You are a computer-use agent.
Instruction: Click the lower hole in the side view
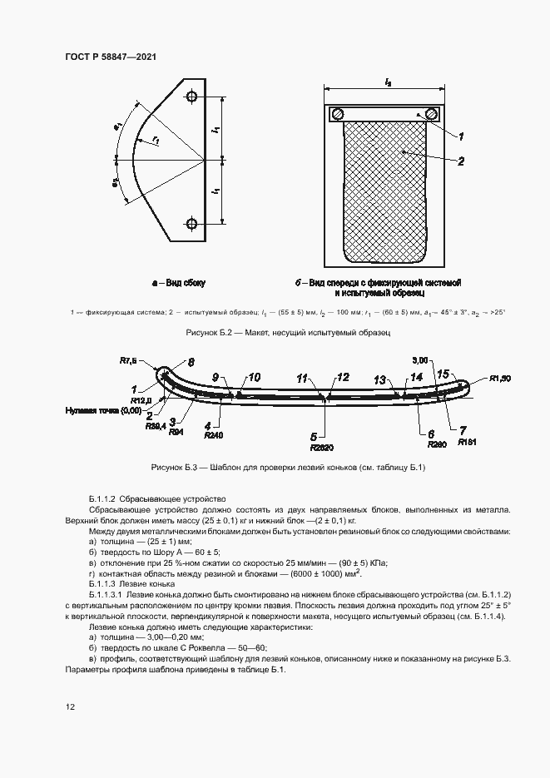pos(192,222)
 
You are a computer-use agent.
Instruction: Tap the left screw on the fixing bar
pos(338,114)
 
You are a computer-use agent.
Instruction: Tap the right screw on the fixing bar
pos(431,114)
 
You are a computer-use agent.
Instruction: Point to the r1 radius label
pos(156,141)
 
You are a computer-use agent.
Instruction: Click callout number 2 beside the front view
pos(460,161)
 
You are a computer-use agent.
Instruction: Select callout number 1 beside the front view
pos(460,136)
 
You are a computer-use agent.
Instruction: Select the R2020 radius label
pos(314,444)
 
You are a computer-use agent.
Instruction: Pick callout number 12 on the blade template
pos(343,378)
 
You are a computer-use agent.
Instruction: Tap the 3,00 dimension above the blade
pos(419,361)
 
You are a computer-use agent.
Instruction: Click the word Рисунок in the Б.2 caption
pos(204,332)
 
